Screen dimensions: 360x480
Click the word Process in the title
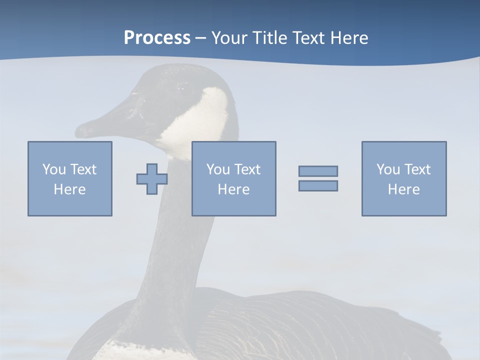click(x=157, y=38)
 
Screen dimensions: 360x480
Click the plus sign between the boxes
click(x=152, y=178)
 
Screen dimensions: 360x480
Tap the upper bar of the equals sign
click(x=318, y=171)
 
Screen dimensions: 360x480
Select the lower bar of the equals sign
click(x=318, y=185)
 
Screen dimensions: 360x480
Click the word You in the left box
click(x=54, y=169)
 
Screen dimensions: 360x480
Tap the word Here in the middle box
click(x=233, y=189)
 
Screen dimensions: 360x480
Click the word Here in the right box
click(x=403, y=189)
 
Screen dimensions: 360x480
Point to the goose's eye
click(x=179, y=88)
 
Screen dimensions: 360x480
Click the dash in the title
click(x=200, y=38)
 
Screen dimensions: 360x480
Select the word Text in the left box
click(x=83, y=169)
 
